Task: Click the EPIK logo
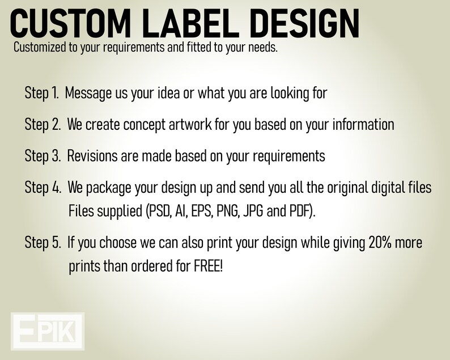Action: coord(48,331)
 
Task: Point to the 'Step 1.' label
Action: coord(42,94)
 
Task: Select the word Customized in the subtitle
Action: coord(40,47)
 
